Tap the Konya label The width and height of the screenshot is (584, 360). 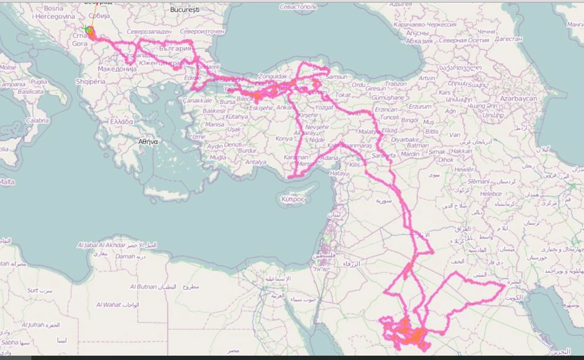coord(284,138)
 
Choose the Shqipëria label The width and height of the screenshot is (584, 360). coord(91,81)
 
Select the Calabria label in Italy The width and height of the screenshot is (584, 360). coord(37,121)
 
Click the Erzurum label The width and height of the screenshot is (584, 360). coord(419,106)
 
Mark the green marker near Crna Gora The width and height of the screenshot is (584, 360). coord(88,29)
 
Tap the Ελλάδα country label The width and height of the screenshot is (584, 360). coord(122,121)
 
